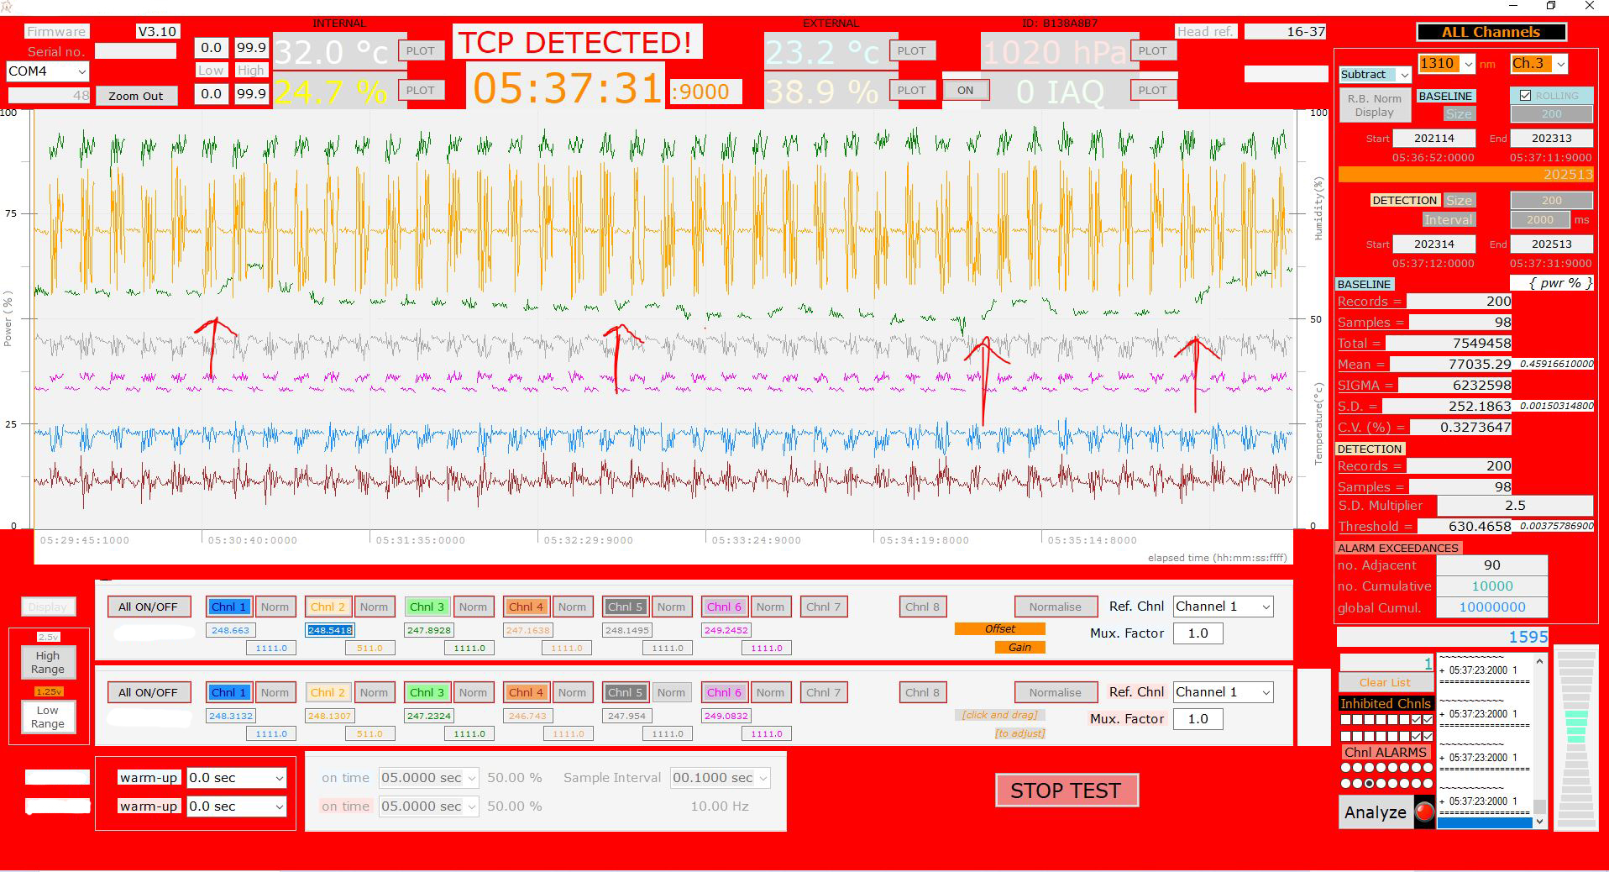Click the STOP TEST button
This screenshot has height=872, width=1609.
point(1066,791)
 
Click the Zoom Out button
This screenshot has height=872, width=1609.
point(135,96)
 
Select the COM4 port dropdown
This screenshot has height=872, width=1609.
point(47,71)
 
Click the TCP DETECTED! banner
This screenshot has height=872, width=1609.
point(576,42)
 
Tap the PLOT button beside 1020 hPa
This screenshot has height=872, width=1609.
point(1152,50)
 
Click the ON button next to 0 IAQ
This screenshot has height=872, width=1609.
point(965,90)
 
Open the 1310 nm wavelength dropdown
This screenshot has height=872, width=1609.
point(1445,63)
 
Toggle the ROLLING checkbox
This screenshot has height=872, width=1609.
point(1525,96)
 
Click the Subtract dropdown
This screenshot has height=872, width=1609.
point(1374,75)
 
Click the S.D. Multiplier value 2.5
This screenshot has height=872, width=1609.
point(1514,506)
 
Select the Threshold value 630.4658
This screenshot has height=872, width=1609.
point(1465,527)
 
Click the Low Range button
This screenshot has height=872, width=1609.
point(48,717)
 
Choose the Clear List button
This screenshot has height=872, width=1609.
point(1385,682)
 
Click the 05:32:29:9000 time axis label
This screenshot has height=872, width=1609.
point(588,540)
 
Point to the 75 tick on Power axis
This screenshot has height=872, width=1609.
point(10,213)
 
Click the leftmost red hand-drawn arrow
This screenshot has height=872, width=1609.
point(212,346)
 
